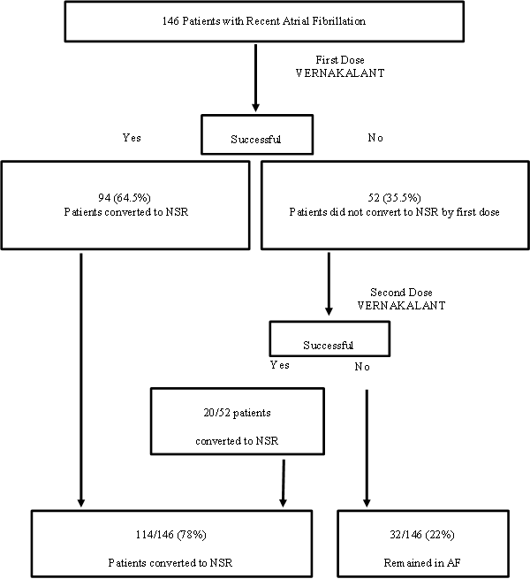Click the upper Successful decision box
pyautogui.click(x=257, y=139)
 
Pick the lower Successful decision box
pyautogui.click(x=329, y=344)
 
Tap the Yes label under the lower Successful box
pyautogui.click(x=280, y=363)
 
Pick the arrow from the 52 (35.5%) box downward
pyautogui.click(x=329, y=283)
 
